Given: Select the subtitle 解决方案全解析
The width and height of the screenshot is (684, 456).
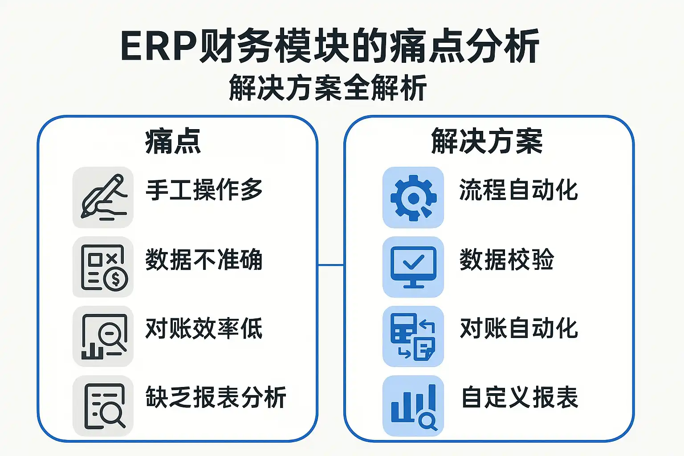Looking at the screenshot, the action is pyautogui.click(x=328, y=88).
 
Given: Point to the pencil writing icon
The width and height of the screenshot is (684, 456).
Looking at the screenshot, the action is pyautogui.click(x=103, y=197).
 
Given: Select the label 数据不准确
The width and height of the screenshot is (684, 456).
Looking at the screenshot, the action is pyautogui.click(x=204, y=259).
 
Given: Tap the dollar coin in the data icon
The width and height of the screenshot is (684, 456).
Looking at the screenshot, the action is pyautogui.click(x=116, y=279).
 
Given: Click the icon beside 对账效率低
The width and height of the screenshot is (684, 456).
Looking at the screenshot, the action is pyautogui.click(x=103, y=336).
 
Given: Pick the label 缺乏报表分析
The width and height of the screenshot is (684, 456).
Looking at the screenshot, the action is pyautogui.click(x=216, y=397).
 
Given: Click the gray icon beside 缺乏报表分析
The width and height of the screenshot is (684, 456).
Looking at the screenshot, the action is pyautogui.click(x=103, y=406).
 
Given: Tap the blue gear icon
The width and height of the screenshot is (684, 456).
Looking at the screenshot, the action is pyautogui.click(x=413, y=198).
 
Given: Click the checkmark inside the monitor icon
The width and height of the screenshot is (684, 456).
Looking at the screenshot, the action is pyautogui.click(x=413, y=262).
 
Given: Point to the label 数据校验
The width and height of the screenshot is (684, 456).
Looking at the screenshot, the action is pyautogui.click(x=507, y=259).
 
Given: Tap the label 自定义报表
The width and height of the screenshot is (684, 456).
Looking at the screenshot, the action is pyautogui.click(x=519, y=397).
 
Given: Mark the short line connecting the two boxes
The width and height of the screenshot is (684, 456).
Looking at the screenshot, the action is pyautogui.click(x=331, y=265).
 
